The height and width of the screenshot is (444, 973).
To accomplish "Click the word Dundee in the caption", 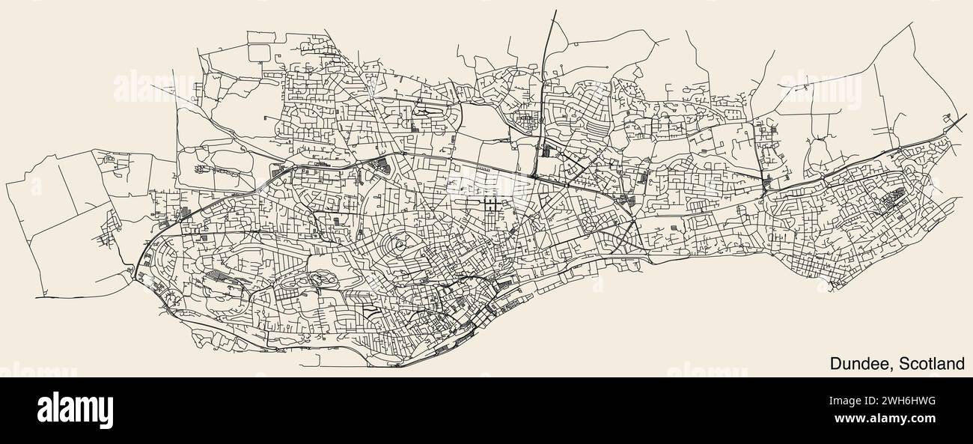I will (861, 364).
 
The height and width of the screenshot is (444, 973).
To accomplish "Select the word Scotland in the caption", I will (932, 364).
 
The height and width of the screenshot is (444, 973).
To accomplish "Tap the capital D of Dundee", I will (835, 364).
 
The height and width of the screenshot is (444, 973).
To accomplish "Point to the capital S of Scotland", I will (903, 364).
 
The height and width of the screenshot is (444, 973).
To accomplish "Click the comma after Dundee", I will (893, 369).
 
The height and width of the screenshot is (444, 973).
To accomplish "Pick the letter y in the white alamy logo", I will (106, 413).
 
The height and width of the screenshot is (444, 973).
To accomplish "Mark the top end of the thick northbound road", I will (555, 10).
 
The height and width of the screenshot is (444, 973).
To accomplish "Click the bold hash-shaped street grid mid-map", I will (492, 204).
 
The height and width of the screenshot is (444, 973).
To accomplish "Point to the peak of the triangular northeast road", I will (914, 24).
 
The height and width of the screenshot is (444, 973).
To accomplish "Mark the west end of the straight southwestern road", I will (36, 297).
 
